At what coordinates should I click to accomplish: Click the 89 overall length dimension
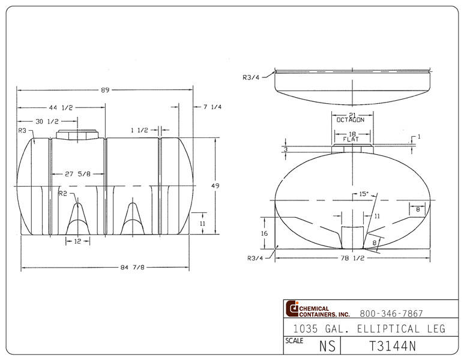click(105, 90)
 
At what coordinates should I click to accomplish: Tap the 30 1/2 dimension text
click(47, 121)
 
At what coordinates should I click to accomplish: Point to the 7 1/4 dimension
click(212, 107)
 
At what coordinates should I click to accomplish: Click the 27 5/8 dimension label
click(78, 174)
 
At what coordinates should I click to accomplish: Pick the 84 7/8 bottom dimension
click(107, 267)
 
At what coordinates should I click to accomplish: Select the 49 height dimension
click(215, 186)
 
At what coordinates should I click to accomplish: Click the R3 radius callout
click(23, 130)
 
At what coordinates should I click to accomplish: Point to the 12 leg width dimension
click(77, 241)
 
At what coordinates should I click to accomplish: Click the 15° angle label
click(363, 194)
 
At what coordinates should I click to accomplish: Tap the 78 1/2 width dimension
click(352, 259)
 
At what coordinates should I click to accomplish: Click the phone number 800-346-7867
click(391, 313)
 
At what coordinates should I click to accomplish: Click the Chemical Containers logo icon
click(292, 308)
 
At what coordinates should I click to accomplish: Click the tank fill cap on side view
click(77, 133)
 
